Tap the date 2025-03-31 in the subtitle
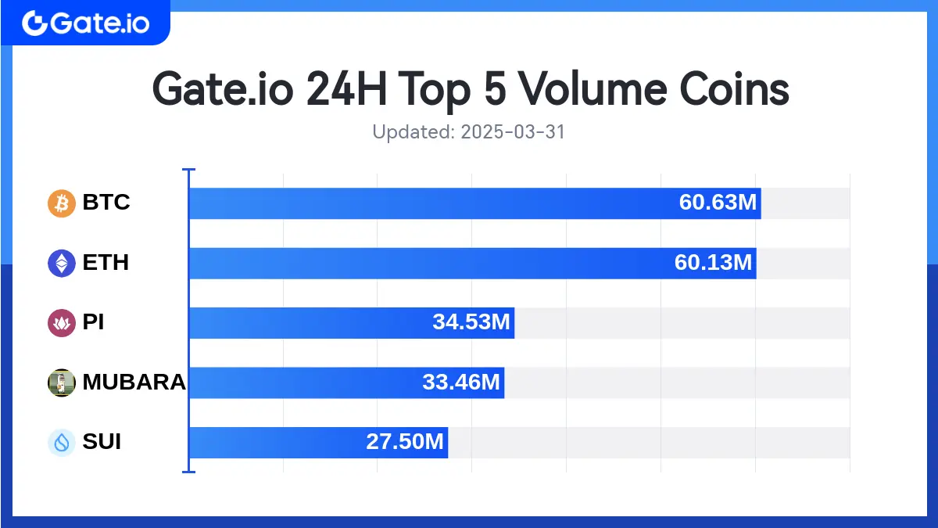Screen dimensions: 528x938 513,132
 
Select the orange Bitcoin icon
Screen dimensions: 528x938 62,203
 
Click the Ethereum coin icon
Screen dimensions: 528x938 62,263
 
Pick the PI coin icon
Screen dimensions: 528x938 62,322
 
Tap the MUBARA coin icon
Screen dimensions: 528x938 62,383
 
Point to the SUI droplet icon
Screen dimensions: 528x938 62,443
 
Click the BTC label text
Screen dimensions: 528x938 106,203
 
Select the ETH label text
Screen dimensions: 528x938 106,263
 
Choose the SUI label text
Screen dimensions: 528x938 102,443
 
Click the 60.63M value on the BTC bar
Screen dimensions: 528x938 718,203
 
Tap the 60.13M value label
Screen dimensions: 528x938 713,263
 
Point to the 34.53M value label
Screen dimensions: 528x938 471,322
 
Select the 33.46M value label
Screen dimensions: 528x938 460,383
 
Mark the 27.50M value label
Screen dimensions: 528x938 405,443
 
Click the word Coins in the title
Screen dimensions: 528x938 732,89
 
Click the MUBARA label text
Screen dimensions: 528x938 134,383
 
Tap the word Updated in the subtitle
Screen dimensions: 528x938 410,132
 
